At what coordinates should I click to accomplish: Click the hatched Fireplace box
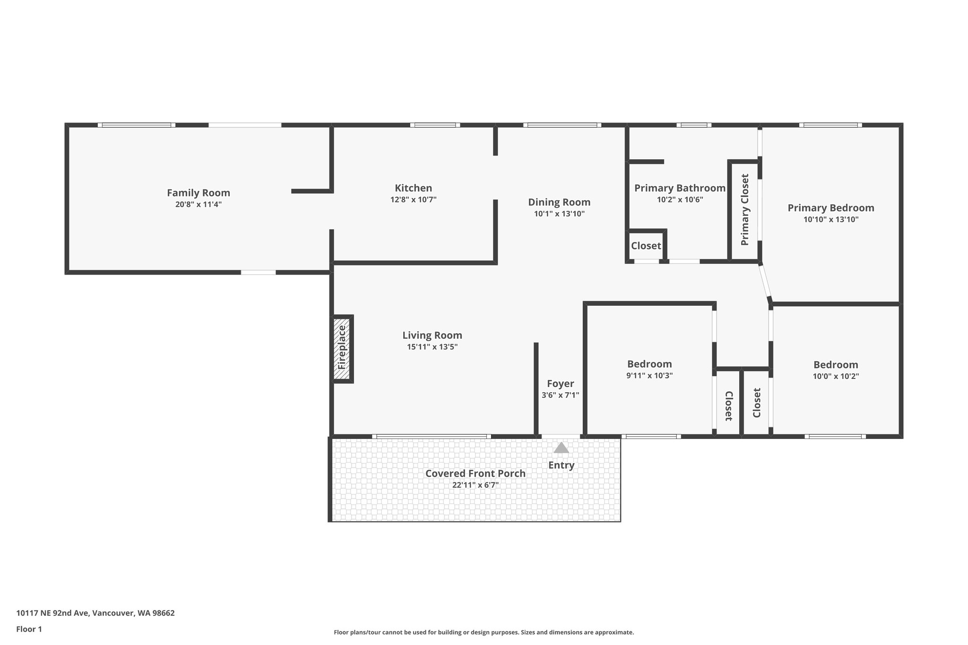tap(343, 349)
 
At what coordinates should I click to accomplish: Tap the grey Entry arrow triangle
tap(561, 447)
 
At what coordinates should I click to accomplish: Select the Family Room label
tap(199, 193)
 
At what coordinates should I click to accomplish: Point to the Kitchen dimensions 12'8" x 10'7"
tap(413, 199)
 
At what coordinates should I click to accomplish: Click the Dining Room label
tap(559, 202)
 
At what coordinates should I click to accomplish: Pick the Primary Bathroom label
tap(680, 188)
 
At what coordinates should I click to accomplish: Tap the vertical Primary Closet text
tap(745, 210)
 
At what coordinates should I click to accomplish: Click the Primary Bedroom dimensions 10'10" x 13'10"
tap(831, 219)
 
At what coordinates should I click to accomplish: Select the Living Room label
tap(432, 335)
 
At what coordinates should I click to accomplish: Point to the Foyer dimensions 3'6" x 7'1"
tap(560, 395)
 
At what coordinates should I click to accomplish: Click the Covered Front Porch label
tap(475, 473)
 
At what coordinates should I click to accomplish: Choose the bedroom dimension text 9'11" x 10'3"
tap(649, 376)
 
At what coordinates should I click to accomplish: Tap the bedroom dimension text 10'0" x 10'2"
tap(836, 377)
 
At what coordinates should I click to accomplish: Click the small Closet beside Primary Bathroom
tap(646, 246)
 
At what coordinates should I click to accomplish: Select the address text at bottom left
tap(95, 613)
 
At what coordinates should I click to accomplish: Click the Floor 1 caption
tap(29, 629)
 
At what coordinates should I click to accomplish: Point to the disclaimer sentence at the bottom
tap(484, 632)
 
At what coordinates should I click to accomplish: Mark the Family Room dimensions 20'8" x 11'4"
tap(199, 205)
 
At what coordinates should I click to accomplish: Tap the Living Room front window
tap(432, 436)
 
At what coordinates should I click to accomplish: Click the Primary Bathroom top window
tap(694, 125)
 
